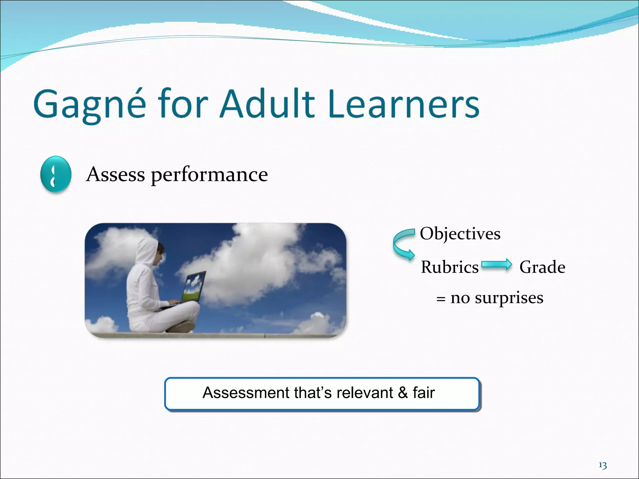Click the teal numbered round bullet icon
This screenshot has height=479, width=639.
click(x=56, y=174)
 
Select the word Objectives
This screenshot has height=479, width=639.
click(x=460, y=234)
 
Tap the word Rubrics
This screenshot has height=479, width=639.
click(x=449, y=267)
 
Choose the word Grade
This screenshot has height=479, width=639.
click(x=542, y=267)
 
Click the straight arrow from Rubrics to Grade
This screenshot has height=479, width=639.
click(x=496, y=265)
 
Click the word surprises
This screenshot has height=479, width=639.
click(x=509, y=298)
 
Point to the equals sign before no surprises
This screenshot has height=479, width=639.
click(x=441, y=299)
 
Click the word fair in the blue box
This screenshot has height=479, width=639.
click(x=423, y=393)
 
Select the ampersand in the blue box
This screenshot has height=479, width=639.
click(x=403, y=393)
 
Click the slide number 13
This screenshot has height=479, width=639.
click(x=602, y=466)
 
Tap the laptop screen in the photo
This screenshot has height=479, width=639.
click(x=194, y=287)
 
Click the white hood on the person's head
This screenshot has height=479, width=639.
click(x=147, y=251)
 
